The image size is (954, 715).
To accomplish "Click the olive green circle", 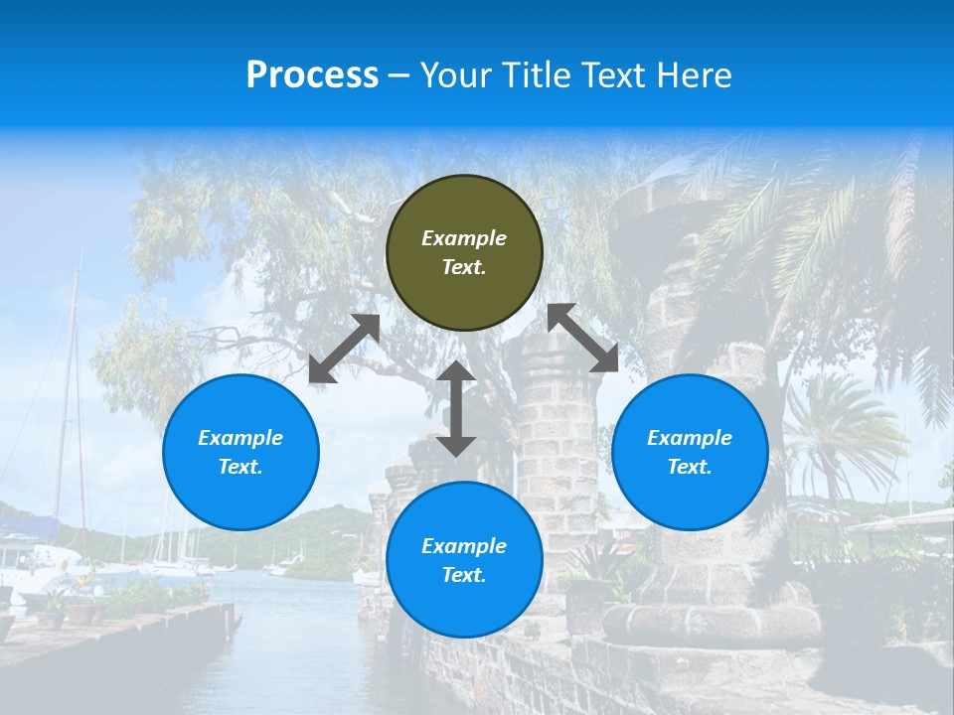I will pos(464,252).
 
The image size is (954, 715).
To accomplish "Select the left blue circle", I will pos(240,452).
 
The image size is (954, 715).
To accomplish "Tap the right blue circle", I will pos(690,452).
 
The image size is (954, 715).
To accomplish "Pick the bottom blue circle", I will pos(464,560).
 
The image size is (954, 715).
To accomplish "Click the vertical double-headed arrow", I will pos(456,408).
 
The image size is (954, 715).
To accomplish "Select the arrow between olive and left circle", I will pos(344,349).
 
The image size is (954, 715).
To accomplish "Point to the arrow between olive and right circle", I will pos(583,338).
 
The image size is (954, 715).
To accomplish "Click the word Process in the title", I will pos(312,74).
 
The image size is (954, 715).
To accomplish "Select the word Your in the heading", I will pos(455,74).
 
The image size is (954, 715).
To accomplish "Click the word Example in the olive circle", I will pos(464,238).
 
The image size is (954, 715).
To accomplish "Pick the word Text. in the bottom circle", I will pos(464,575).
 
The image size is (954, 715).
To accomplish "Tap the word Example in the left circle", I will pos(240,438).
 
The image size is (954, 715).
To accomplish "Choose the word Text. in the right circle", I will pos(690,467).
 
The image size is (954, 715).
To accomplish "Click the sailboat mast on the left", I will pos(72,397).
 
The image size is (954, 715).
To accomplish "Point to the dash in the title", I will pos(399,75).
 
